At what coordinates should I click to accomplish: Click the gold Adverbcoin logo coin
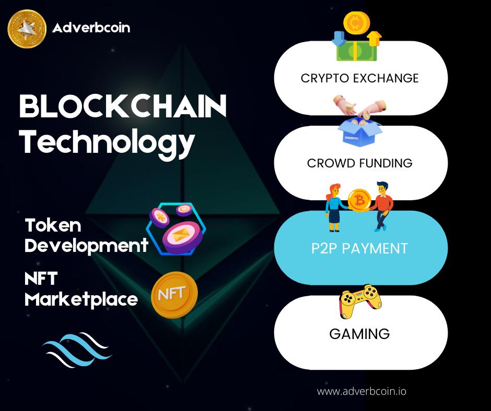pyautogui.click(x=28, y=28)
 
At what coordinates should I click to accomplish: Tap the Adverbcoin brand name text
pyautogui.click(x=91, y=28)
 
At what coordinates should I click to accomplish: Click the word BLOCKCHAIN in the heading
pyautogui.click(x=123, y=107)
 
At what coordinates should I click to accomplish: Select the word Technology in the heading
pyautogui.click(x=107, y=140)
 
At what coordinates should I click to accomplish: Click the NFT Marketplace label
pyautogui.click(x=81, y=289)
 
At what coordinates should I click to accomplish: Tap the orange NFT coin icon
pyautogui.click(x=174, y=295)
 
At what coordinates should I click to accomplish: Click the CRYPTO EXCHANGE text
pyautogui.click(x=359, y=78)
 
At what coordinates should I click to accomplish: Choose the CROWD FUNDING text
pyautogui.click(x=359, y=163)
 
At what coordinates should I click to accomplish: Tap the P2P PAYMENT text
pyautogui.click(x=359, y=248)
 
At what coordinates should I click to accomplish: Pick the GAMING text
pyautogui.click(x=359, y=333)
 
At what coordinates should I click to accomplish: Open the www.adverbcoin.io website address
pyautogui.click(x=361, y=391)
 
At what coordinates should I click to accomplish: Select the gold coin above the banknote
pyautogui.click(x=356, y=22)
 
